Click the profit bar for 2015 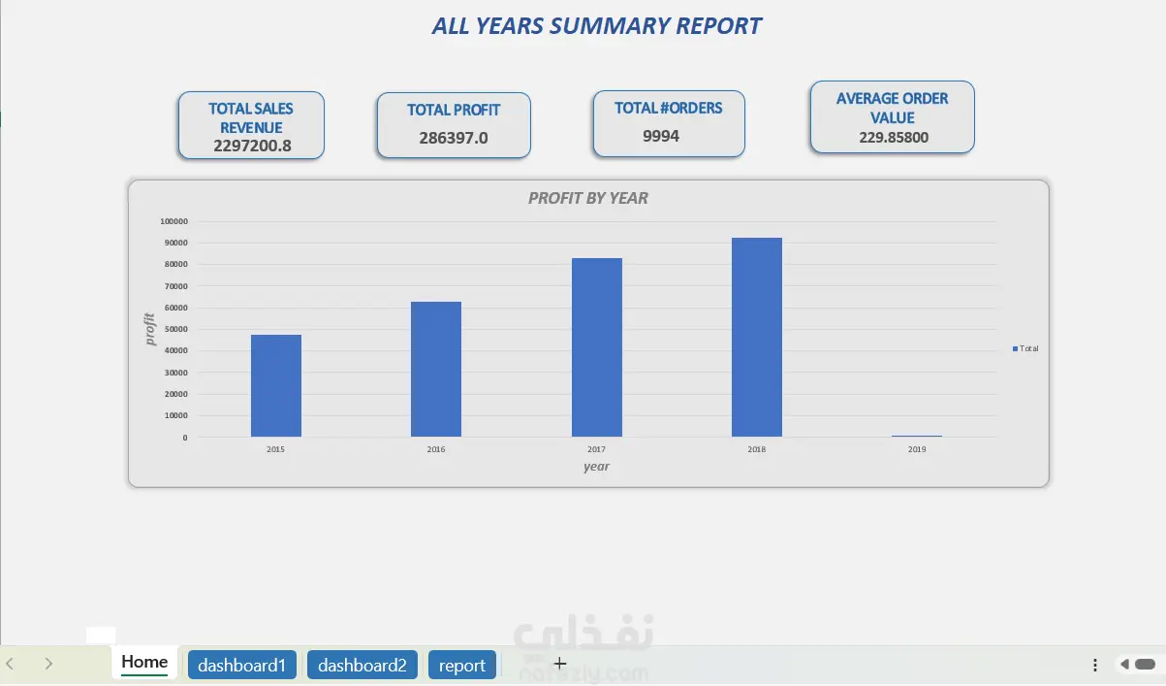pos(276,386)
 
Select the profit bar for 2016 pos(436,370)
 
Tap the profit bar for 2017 pos(597,347)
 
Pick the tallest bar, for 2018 pos(757,338)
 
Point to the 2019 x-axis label pos(917,450)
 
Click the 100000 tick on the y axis pos(173,221)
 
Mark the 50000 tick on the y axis pos(175,330)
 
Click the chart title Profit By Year pos(588,199)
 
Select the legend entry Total pos(1025,348)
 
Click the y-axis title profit pos(150,329)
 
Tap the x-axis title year pos(596,467)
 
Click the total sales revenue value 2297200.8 pos(252,147)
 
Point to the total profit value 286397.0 pos(454,138)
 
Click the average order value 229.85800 pos(893,138)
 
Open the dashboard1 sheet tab pos(241,666)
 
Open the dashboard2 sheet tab pos(362,666)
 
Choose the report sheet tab pos(462,666)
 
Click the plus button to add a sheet pos(559,664)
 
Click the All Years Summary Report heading pos(596,26)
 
